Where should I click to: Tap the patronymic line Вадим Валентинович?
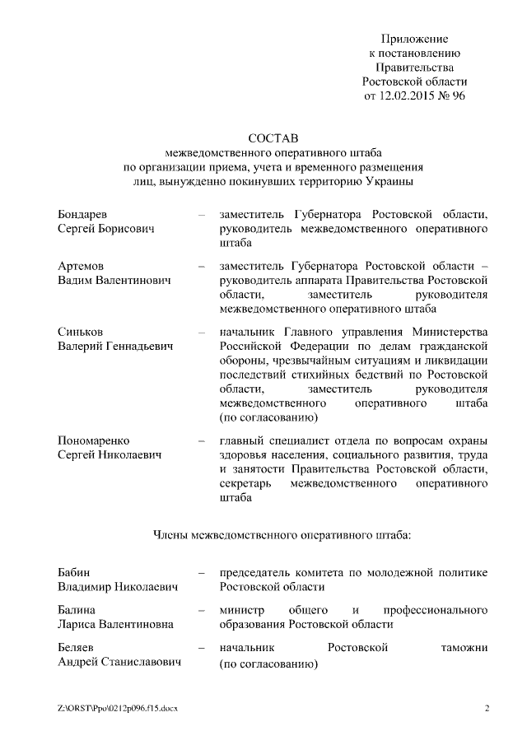point(114,281)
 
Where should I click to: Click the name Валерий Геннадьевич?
point(115,347)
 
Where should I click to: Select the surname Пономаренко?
point(93,441)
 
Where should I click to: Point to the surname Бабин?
point(74,572)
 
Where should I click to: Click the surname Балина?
point(77,610)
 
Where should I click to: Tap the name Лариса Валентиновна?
point(115,624)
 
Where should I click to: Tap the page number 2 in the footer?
point(487,708)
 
